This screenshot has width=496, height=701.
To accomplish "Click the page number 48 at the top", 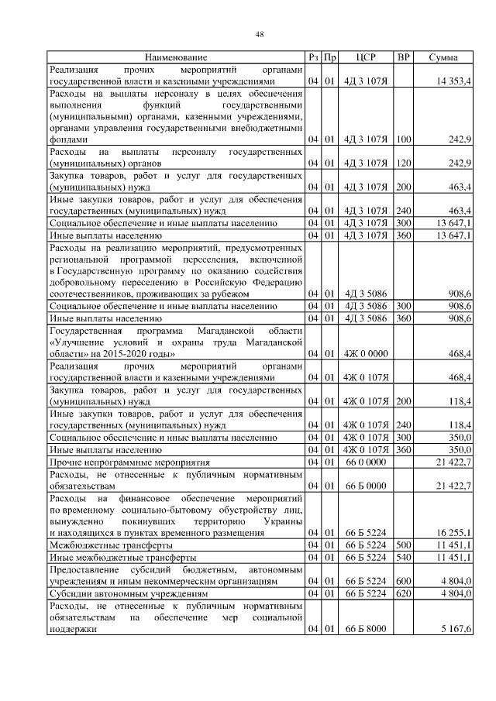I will pos(260,33).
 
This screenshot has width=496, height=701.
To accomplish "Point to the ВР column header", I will pos(403,58).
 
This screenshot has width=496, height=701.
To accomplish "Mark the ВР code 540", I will pos(402,557).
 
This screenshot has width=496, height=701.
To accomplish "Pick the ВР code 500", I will pos(402,545).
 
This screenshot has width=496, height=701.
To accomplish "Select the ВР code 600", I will pos(402,581).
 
